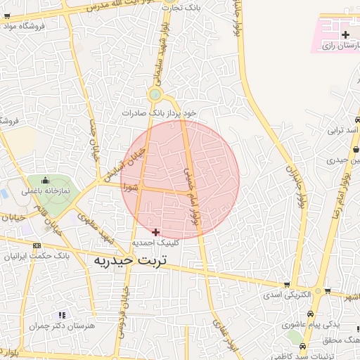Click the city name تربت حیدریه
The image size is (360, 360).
(x=132, y=261)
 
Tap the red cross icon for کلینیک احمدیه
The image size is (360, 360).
(x=156, y=231)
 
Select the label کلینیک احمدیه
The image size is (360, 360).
(x=156, y=243)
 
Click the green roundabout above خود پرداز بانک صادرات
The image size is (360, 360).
(x=155, y=95)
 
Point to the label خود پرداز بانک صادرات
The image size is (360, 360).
(x=159, y=112)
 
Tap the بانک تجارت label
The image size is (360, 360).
(x=181, y=8)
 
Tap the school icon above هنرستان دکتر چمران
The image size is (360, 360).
(x=62, y=315)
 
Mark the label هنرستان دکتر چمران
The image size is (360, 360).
(x=56, y=326)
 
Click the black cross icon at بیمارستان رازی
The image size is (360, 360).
(x=345, y=34)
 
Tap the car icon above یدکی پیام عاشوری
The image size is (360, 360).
(x=311, y=314)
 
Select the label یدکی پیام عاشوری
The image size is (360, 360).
(x=306, y=326)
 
